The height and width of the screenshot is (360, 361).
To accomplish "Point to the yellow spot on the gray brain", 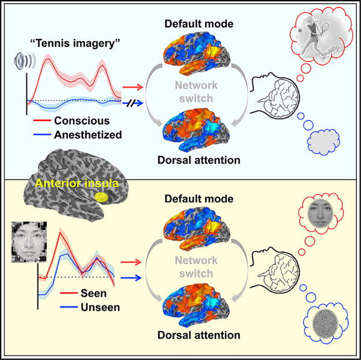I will (x=102, y=196).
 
